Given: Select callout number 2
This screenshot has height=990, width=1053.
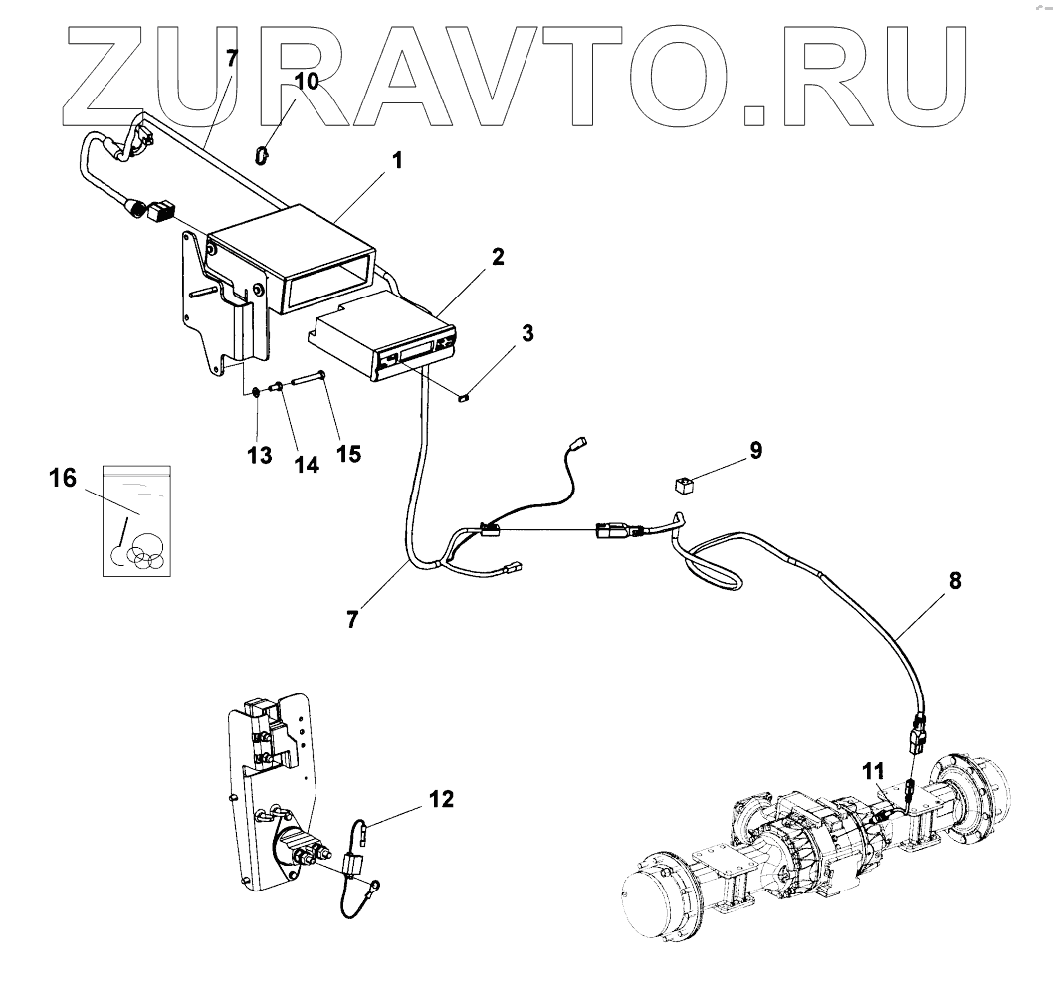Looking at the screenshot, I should [x=498, y=257].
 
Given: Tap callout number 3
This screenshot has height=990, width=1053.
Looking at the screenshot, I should [x=527, y=333].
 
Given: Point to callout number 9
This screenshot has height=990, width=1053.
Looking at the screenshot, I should [x=756, y=451].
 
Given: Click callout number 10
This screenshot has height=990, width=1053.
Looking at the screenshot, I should [x=307, y=81].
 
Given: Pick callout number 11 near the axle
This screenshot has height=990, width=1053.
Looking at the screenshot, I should [x=872, y=769].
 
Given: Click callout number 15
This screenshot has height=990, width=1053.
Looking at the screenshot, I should [x=346, y=453].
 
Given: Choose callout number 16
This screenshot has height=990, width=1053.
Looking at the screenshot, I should [x=62, y=479].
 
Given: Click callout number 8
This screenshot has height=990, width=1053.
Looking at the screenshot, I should [x=955, y=582].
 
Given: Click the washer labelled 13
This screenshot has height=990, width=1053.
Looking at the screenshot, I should [x=256, y=391].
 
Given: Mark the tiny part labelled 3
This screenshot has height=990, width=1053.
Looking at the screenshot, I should [x=462, y=398].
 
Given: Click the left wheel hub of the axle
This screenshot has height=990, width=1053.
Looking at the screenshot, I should [x=656, y=896].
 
